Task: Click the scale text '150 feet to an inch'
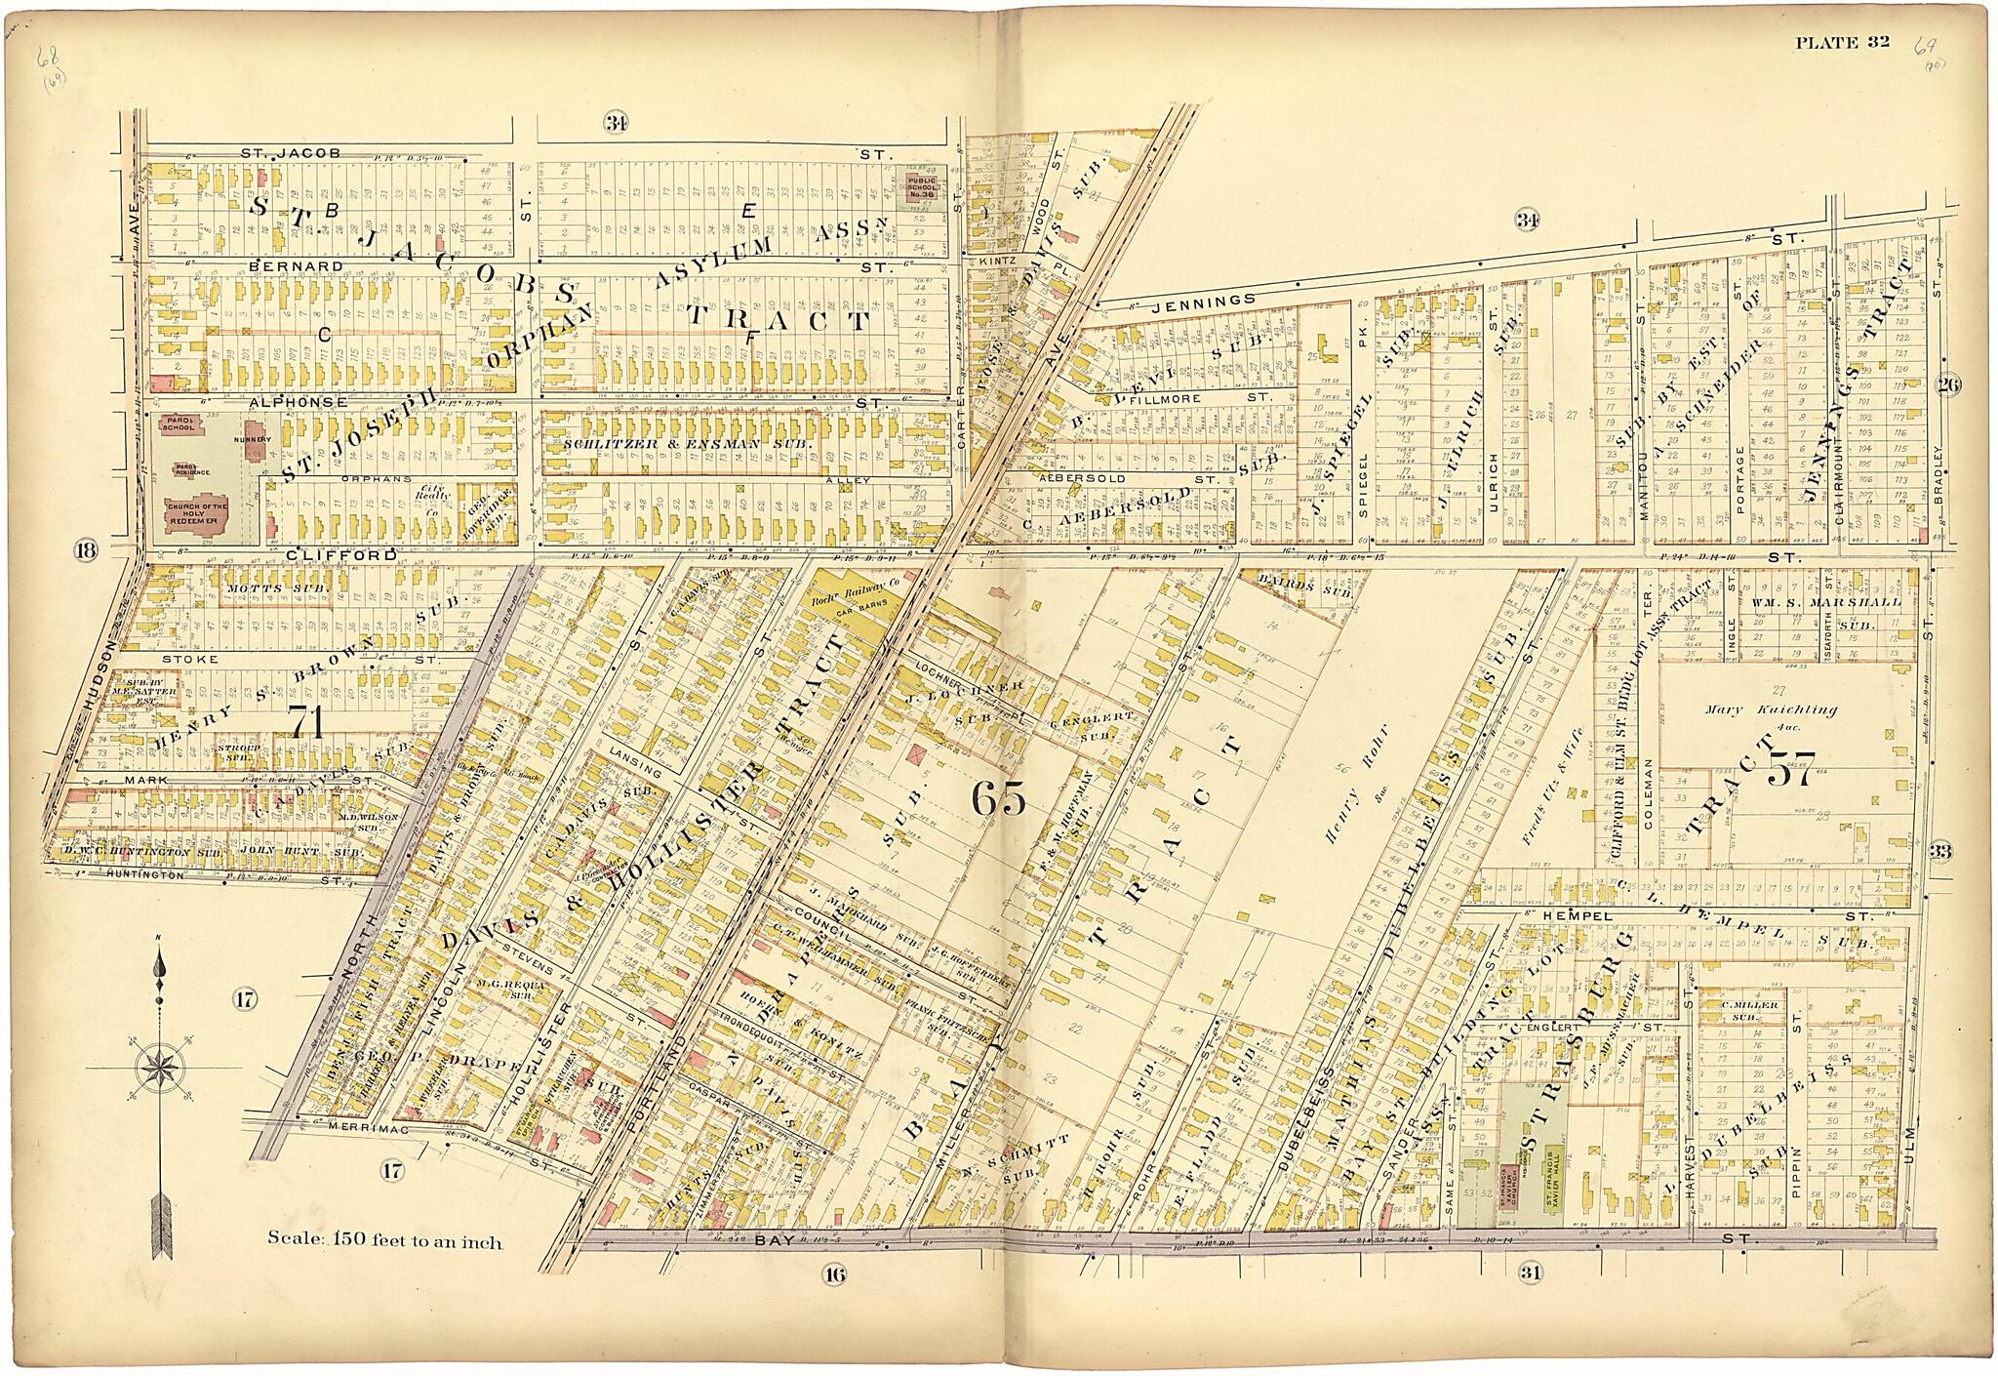coord(385,1242)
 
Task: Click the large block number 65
coord(999,800)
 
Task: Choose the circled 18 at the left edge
coord(86,550)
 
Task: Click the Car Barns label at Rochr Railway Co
coord(846,616)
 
